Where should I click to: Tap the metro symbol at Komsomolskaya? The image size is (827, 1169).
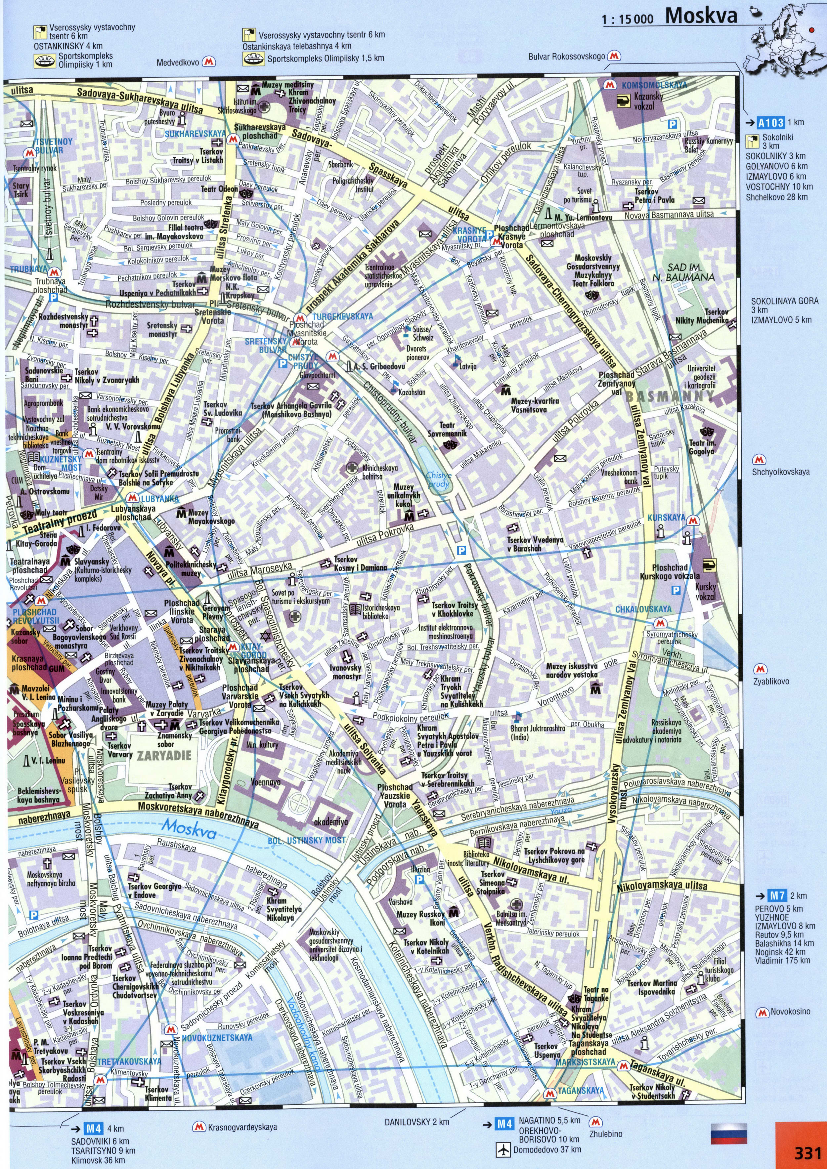(608, 85)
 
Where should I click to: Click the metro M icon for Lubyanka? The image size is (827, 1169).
(132, 497)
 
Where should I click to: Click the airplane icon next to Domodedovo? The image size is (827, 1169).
(503, 1149)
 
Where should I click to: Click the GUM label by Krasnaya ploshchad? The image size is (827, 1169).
(57, 669)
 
